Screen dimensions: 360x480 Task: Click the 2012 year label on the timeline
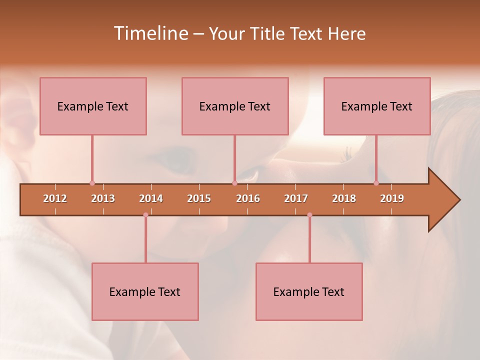coord(55,198)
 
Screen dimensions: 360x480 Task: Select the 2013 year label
coord(103,198)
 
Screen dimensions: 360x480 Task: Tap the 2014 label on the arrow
coord(151,198)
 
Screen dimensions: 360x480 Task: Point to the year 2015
coord(199,198)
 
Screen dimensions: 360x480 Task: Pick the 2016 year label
coord(248,198)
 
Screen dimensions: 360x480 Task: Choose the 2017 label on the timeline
coord(296,198)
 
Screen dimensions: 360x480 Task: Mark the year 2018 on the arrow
coord(344,198)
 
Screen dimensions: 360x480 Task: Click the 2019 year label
coord(392,198)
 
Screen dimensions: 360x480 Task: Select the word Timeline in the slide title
coord(150,33)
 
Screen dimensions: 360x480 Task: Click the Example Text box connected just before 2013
coord(93,106)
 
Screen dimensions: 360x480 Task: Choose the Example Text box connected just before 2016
coord(235,106)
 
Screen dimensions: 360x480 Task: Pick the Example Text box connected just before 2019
coord(377,106)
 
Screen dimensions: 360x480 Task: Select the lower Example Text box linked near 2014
coord(145,291)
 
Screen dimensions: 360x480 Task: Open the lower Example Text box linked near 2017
coord(309,291)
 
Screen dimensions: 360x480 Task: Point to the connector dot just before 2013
coord(92,183)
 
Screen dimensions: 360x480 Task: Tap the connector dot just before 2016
coord(234,183)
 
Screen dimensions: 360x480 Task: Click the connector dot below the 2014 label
coord(145,215)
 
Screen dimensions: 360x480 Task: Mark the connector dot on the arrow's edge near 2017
coord(309,215)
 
